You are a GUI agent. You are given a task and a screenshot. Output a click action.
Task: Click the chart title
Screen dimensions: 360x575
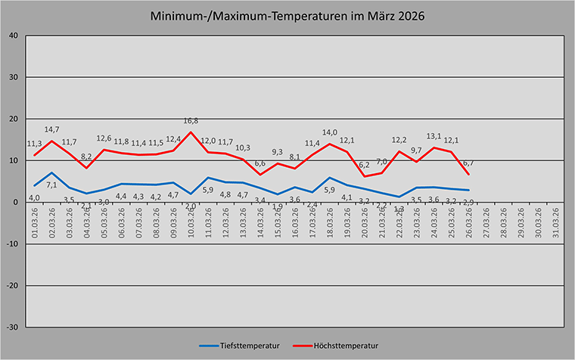287,16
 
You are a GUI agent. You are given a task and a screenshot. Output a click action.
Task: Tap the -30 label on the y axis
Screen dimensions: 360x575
11,327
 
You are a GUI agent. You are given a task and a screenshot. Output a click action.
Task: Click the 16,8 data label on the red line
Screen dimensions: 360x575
190,121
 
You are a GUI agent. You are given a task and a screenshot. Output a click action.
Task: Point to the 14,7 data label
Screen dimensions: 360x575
51,130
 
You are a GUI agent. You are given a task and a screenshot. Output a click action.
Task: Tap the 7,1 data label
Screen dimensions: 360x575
51,185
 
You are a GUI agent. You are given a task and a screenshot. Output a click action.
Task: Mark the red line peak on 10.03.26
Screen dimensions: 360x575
191,132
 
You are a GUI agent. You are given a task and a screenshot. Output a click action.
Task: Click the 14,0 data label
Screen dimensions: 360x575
329,132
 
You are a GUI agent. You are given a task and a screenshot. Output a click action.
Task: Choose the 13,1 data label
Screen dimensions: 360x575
434,137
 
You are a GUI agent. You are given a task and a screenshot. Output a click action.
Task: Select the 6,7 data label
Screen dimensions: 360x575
468,163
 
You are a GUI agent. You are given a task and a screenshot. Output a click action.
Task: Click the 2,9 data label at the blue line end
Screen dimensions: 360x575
468,202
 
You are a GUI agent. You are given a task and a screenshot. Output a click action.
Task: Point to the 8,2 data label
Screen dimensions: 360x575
85,157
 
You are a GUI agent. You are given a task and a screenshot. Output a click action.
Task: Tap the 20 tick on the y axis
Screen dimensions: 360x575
14,119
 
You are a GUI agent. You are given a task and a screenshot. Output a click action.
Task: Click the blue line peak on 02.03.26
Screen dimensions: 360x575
51,173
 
